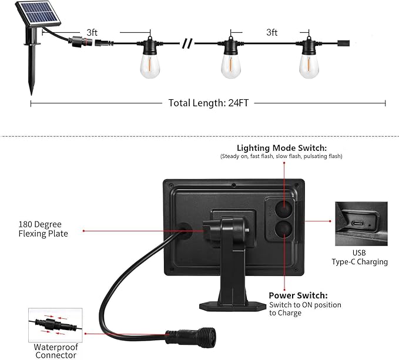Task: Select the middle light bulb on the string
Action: point(231,63)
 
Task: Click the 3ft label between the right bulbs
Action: point(271,33)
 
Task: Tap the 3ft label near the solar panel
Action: point(92,32)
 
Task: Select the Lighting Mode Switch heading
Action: point(281,148)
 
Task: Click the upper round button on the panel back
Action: point(284,208)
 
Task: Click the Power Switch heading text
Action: point(298,295)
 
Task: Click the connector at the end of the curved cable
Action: point(184,336)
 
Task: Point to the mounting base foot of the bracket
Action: point(229,305)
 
